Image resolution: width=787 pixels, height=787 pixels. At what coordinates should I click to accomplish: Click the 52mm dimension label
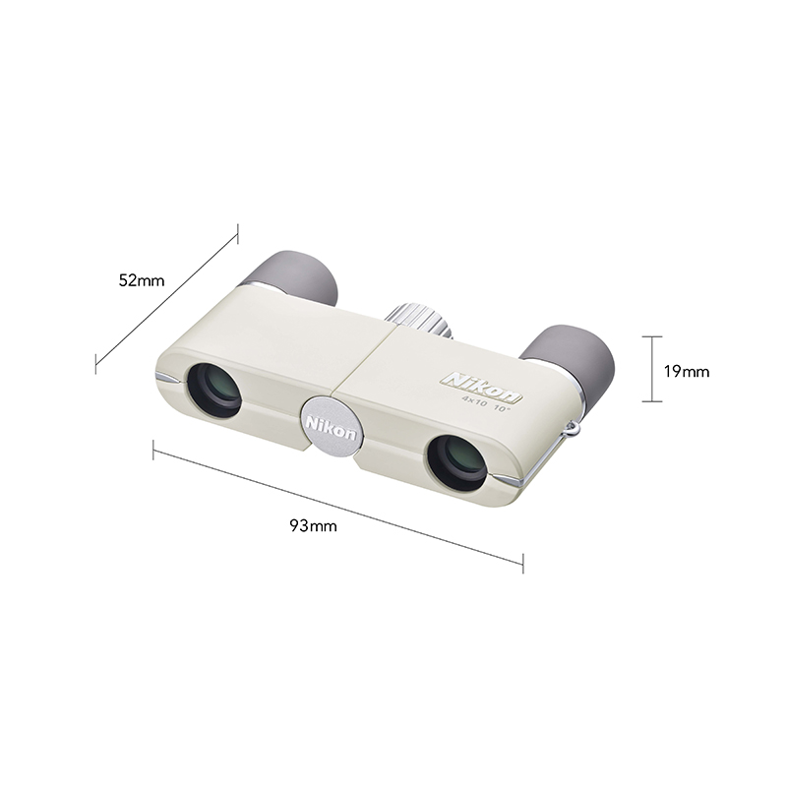141,280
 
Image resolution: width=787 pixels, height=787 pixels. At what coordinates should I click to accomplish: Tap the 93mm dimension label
313,526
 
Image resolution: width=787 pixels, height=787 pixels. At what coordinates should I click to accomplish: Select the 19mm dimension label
687,372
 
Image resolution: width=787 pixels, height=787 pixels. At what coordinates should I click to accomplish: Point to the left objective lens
213,390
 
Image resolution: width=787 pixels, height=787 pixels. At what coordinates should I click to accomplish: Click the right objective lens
455,463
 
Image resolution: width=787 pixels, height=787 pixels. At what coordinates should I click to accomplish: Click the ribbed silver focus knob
419,318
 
